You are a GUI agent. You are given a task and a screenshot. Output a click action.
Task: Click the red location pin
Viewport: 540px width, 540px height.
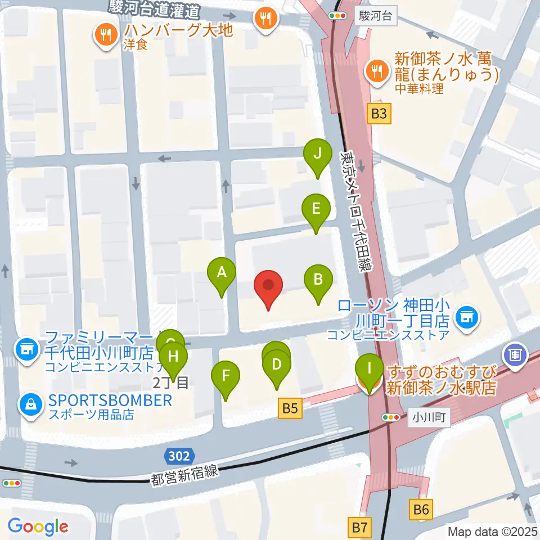click(x=269, y=285)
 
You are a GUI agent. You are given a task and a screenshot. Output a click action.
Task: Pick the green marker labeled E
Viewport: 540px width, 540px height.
click(x=316, y=209)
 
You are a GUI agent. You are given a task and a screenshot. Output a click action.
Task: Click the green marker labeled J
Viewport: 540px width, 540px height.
click(x=318, y=154)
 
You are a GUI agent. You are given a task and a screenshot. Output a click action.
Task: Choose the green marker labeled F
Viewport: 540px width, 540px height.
click(x=226, y=375)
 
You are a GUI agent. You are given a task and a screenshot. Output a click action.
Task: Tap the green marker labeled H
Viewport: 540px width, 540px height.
click(x=173, y=357)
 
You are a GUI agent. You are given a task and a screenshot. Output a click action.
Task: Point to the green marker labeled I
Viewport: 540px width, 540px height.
click(x=369, y=370)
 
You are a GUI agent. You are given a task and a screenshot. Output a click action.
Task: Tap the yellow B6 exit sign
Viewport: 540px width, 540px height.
click(x=421, y=510)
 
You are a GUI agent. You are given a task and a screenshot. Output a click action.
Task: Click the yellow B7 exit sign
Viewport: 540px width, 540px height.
click(x=360, y=528)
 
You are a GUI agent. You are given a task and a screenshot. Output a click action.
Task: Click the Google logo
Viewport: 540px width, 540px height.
click(x=38, y=526)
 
